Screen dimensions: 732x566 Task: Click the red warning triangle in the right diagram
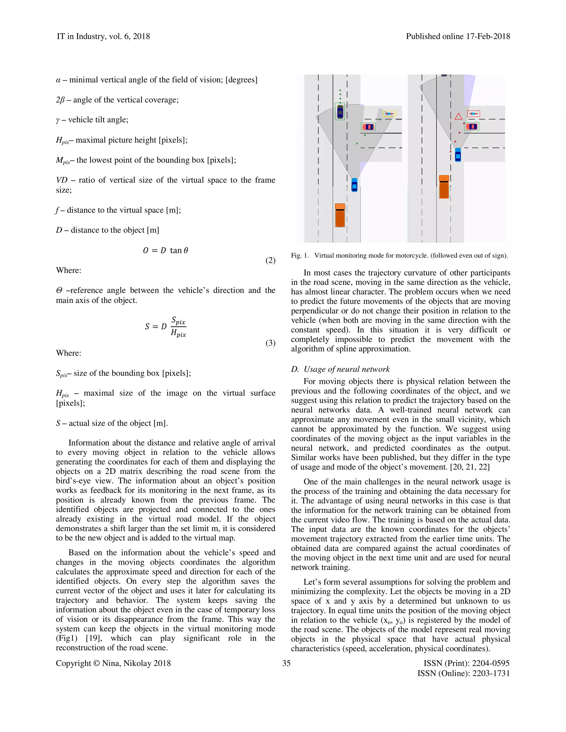(458, 117)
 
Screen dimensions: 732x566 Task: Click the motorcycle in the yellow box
(389, 114)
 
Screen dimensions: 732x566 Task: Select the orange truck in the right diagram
(444, 187)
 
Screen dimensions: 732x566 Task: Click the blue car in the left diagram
(354, 185)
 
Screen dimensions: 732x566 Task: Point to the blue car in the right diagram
(458, 155)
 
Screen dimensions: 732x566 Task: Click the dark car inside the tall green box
(340, 112)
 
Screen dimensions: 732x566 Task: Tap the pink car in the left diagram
(368, 127)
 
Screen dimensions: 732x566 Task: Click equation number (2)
(270, 260)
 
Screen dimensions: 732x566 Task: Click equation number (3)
(270, 343)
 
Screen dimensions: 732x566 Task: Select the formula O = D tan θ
(165, 250)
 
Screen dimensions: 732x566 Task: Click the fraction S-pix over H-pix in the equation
(178, 327)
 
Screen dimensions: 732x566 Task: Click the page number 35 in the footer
(286, 663)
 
